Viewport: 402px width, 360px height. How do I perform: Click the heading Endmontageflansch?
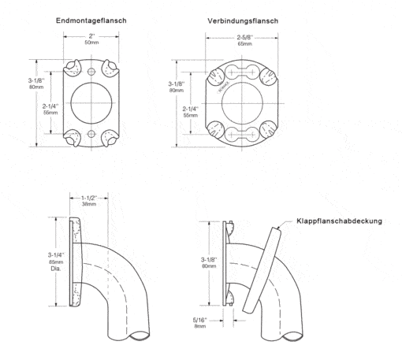tap(91, 20)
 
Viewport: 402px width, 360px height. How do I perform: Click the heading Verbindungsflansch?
tap(243, 21)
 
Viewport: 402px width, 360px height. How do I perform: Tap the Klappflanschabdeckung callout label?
tap(339, 221)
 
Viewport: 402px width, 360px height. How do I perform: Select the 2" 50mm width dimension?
tap(91, 39)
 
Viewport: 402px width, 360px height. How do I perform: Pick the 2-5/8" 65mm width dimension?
tap(244, 40)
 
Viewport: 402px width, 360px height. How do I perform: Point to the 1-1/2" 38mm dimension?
tap(89, 201)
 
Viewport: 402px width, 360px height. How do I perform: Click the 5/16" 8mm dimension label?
tap(200, 323)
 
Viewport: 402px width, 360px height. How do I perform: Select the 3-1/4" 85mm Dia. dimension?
tap(56, 262)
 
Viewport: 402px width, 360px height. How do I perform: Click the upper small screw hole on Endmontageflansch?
tap(91, 71)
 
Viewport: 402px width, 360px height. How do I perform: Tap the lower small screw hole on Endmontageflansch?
tap(91, 134)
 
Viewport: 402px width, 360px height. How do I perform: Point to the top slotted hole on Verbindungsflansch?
tap(241, 72)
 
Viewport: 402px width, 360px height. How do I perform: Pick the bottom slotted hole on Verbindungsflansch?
tap(241, 135)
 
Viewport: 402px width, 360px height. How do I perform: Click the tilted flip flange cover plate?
tap(262, 270)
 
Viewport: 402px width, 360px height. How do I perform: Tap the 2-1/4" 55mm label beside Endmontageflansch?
tap(50, 109)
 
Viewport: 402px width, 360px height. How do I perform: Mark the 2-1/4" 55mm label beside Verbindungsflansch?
tap(191, 112)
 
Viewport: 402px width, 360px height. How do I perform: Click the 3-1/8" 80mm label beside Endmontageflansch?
tap(36, 84)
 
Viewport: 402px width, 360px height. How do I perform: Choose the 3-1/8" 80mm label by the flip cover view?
tap(209, 262)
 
